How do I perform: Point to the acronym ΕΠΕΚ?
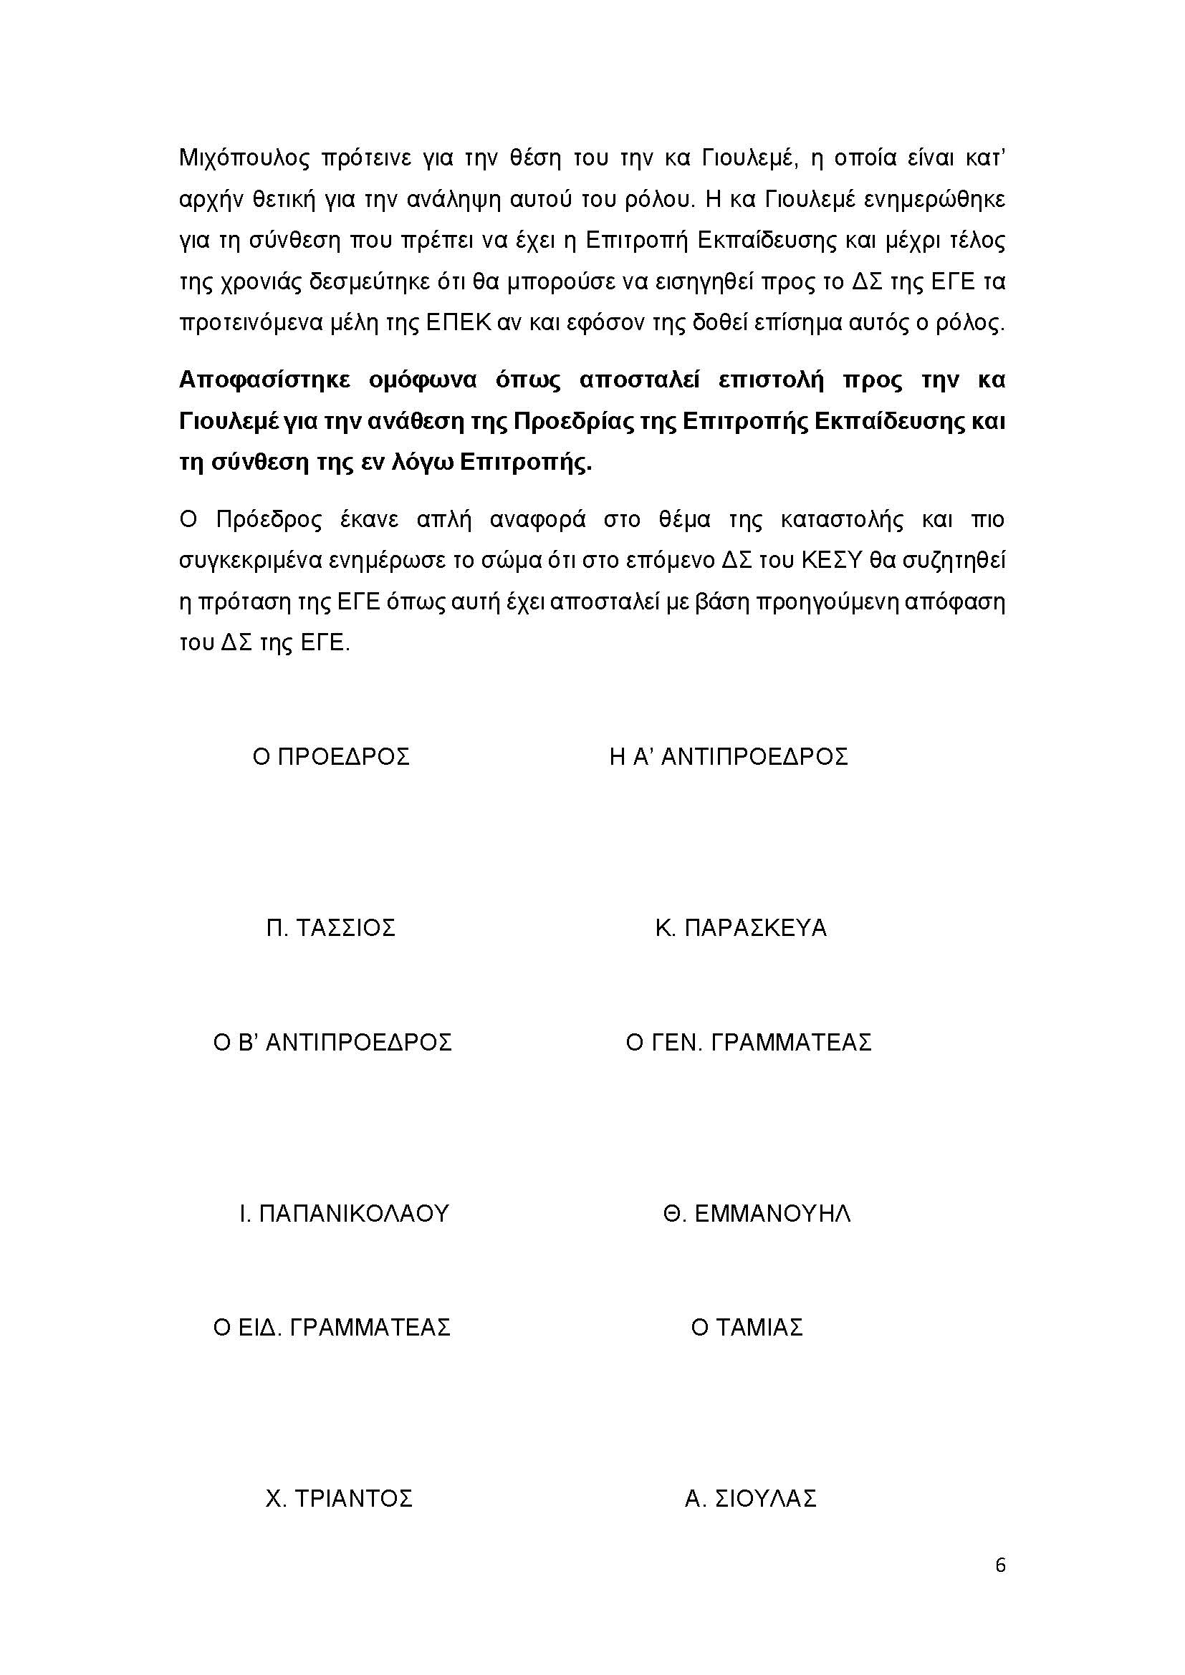(x=459, y=323)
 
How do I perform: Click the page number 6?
(x=1000, y=1565)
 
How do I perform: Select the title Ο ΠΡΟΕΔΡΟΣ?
(x=331, y=756)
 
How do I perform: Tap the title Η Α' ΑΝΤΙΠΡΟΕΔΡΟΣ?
(x=728, y=756)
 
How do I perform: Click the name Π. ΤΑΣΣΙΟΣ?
(x=330, y=928)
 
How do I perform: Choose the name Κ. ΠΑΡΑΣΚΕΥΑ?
(x=741, y=928)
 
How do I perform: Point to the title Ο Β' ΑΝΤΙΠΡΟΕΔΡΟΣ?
(x=332, y=1042)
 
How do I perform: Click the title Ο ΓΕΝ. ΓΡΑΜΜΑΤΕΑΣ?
(x=749, y=1042)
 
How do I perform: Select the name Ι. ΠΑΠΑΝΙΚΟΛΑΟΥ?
(x=345, y=1214)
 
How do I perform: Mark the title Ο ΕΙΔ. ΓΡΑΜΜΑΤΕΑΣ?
(x=332, y=1327)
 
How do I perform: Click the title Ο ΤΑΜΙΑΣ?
(x=747, y=1327)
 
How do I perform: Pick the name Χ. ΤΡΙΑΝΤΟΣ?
(x=340, y=1498)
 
